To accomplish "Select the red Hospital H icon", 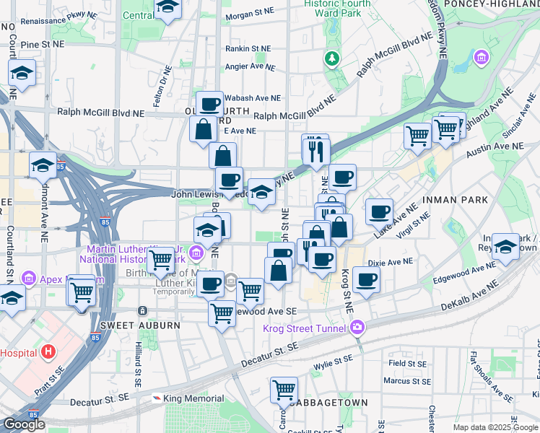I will pyautogui.click(x=48, y=352).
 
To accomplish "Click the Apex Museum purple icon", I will pyautogui.click(x=29, y=278).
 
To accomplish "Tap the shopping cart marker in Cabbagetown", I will pyautogui.click(x=284, y=390).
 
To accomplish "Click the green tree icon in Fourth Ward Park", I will pyautogui.click(x=332, y=58).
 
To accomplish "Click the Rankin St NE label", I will pyautogui.click(x=248, y=49).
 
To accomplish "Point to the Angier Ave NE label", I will pyautogui.click(x=250, y=66).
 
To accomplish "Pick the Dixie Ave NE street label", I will pyautogui.click(x=390, y=263).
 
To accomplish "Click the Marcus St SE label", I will pyautogui.click(x=406, y=380).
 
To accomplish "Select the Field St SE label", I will pyautogui.click(x=409, y=364).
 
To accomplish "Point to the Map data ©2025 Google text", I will pyautogui.click(x=495, y=427).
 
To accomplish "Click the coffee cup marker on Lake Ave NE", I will pyautogui.click(x=379, y=211).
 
